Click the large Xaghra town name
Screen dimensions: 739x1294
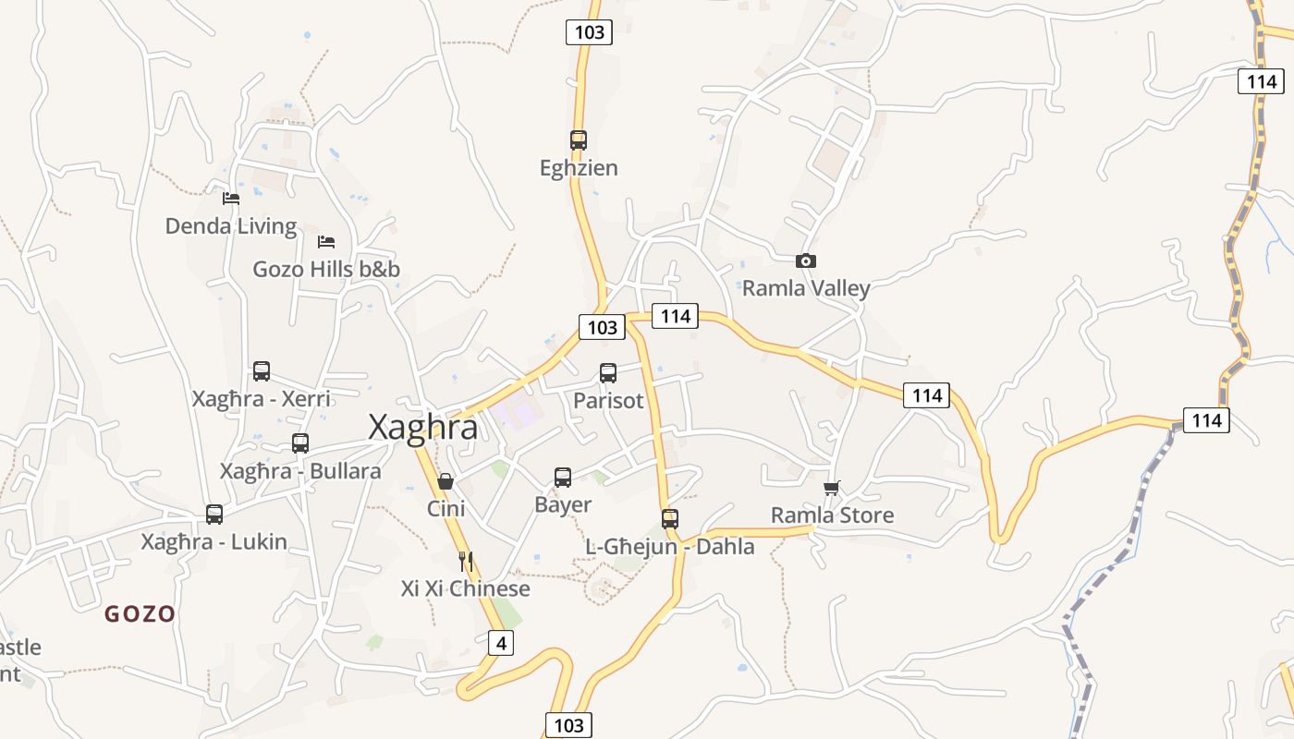tap(423, 428)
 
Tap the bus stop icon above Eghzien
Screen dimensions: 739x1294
tap(579, 140)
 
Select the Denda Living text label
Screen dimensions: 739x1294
tap(231, 226)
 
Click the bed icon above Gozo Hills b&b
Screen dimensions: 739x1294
tap(326, 242)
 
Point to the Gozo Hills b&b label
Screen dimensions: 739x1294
tap(326, 270)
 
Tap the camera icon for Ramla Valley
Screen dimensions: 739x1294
tap(806, 261)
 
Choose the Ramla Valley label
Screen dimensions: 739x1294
tap(806, 288)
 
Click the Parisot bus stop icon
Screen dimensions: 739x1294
tap(608, 373)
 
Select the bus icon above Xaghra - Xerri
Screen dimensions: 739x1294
tap(262, 371)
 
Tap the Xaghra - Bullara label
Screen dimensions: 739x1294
tap(300, 471)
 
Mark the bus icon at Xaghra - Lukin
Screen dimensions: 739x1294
tap(214, 515)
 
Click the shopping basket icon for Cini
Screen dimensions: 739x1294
tap(446, 481)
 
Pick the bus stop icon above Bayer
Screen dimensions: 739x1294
tap(563, 478)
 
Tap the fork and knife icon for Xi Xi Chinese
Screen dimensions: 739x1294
tap(466, 561)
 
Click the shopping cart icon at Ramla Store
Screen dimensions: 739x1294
tap(832, 488)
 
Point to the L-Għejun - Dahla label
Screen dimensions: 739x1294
tap(670, 547)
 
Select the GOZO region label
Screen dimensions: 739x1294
tap(140, 614)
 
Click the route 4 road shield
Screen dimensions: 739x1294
tap(500, 643)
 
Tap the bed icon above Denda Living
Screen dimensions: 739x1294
tap(231, 199)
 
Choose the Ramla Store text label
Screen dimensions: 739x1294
tap(832, 515)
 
